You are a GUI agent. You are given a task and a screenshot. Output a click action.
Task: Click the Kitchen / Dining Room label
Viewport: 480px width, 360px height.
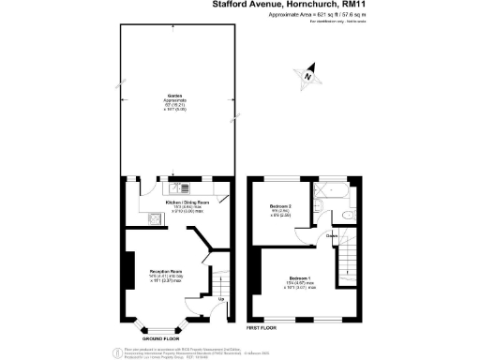point(185,202)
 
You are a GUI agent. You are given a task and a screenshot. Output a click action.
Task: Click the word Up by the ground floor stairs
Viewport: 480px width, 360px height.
point(220,299)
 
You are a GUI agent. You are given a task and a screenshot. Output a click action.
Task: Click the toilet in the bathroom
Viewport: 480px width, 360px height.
point(347,216)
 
